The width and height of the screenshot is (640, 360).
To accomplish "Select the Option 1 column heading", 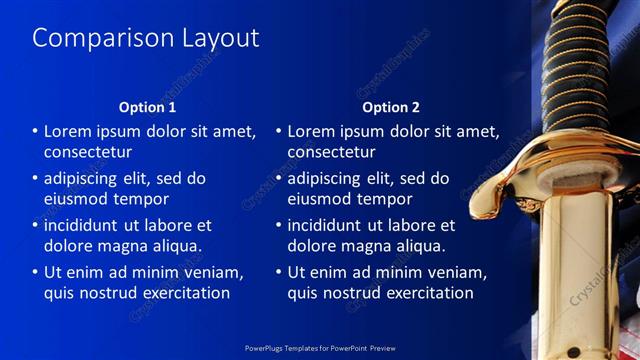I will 147,107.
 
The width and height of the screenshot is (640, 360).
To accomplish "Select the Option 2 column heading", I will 391,107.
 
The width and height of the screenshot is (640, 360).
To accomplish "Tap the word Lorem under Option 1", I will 69,131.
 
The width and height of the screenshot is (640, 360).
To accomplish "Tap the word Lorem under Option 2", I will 313,131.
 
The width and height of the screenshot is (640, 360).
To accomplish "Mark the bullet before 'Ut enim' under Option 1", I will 35,272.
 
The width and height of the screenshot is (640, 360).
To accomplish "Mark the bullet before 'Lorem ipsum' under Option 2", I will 279,131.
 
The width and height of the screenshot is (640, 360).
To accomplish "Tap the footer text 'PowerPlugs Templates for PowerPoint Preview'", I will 320,349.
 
